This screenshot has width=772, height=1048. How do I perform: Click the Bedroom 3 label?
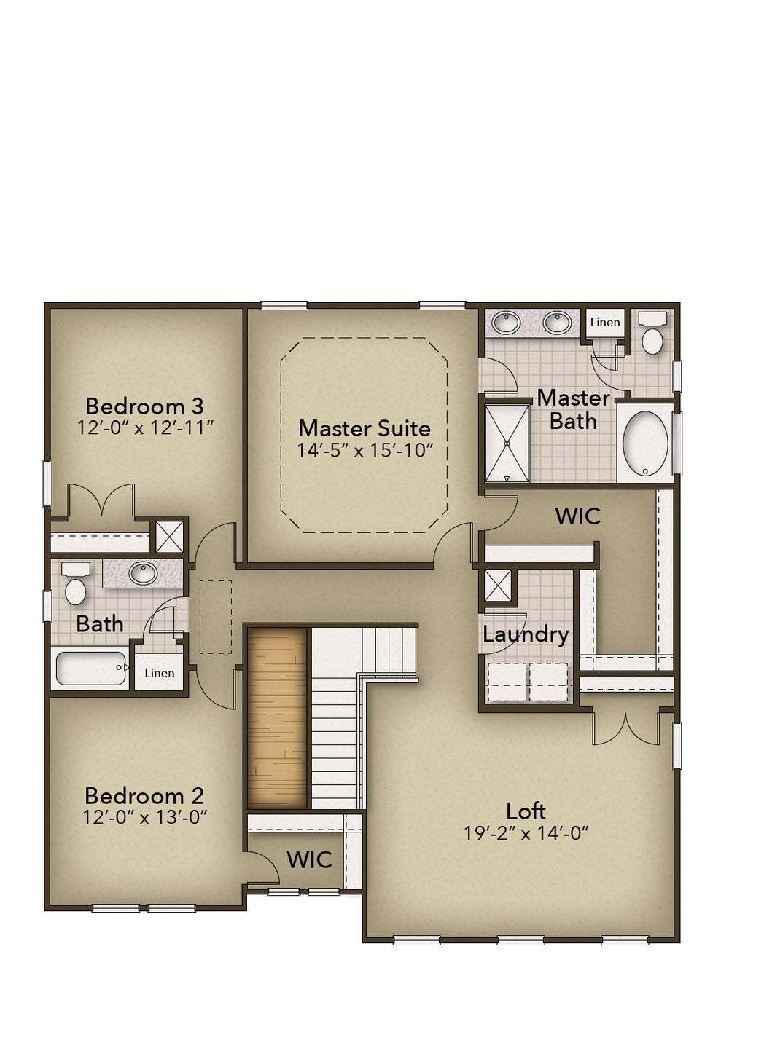tap(144, 406)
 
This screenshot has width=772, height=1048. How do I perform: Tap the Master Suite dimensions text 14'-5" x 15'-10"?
tap(364, 450)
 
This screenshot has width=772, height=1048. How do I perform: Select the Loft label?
tap(526, 811)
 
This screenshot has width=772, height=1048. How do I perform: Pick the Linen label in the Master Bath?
tap(605, 322)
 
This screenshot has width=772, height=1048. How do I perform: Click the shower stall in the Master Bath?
tap(507, 444)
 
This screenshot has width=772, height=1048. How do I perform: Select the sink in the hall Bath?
tap(142, 572)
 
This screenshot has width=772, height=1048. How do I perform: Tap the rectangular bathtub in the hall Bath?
tap(92, 668)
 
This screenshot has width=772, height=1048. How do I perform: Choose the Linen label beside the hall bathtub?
tap(159, 673)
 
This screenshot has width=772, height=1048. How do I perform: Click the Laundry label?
tap(526, 635)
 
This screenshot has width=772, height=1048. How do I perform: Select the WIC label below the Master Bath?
tap(577, 516)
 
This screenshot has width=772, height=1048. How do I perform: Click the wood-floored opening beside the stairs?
tap(277, 718)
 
